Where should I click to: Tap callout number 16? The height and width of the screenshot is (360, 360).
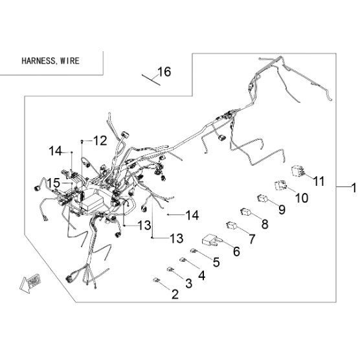pos(164,72)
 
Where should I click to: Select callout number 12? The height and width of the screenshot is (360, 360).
pos(100,141)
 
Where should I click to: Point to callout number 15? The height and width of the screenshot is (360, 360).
pos(54,183)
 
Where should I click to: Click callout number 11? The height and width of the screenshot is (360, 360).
pos(319,181)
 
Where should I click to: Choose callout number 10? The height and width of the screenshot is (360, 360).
pos(302,197)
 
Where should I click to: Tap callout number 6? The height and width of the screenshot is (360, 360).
pos(236,251)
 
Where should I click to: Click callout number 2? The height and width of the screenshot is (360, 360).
pos(175,294)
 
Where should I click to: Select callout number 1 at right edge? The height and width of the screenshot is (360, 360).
pos(354,188)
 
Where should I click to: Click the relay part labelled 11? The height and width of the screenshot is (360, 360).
pos(298,172)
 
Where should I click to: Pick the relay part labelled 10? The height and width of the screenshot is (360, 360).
pos(281,185)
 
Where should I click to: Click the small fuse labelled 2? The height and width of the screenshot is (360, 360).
pos(156,280)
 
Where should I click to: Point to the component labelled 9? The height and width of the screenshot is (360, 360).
pos(262,198)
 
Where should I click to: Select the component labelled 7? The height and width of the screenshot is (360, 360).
pos(232,225)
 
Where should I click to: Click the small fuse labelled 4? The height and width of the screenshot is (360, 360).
pos(183,260)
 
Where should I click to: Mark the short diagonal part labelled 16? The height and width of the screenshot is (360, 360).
pos(151,80)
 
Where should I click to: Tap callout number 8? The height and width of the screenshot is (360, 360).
pos(265,224)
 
